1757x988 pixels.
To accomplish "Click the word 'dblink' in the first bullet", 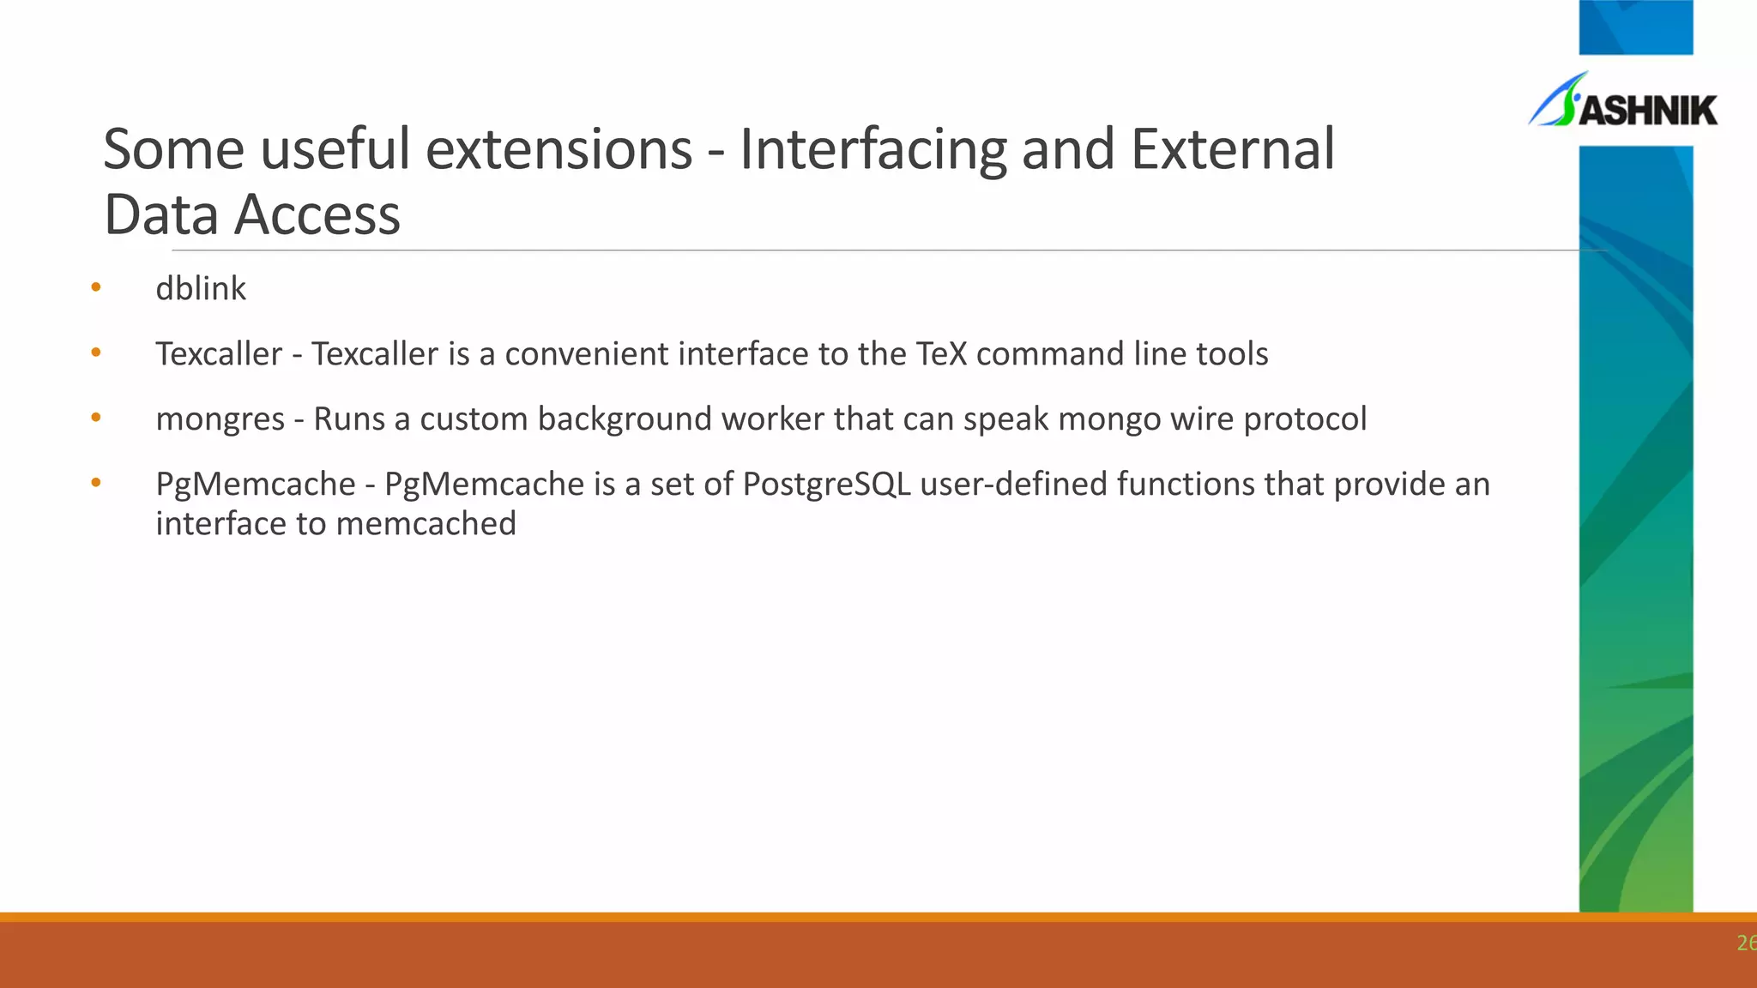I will point(200,289).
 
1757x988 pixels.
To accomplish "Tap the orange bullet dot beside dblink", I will point(96,287).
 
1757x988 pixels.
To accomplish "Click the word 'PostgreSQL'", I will point(826,485).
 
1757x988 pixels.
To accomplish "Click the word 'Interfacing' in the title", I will point(873,150).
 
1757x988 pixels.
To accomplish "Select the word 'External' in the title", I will point(1232,150).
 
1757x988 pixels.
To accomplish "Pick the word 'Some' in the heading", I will point(174,150).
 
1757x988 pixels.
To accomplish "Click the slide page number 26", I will point(1745,943).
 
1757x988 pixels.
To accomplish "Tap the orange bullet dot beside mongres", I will point(96,418).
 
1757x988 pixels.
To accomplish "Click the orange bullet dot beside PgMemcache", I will point(96,483).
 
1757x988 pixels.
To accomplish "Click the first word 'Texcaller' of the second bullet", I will point(219,354).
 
